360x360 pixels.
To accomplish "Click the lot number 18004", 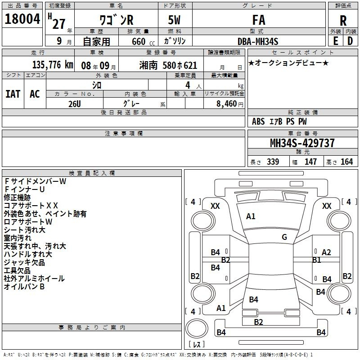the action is click(22, 19).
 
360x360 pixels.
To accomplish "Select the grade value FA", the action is click(259, 20).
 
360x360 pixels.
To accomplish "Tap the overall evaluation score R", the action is click(343, 21).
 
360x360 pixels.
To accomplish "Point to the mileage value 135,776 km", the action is click(53, 65).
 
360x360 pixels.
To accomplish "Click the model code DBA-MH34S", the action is click(258, 41).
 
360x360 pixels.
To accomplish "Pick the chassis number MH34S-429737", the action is click(302, 143).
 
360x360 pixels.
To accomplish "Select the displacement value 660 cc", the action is click(143, 41).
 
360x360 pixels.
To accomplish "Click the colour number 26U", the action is click(75, 104).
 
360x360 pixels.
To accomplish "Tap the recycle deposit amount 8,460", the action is click(227, 104).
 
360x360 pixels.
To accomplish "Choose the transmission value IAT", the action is click(13, 94).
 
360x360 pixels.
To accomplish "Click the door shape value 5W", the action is click(174, 20).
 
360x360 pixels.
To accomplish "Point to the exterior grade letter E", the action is click(335, 41).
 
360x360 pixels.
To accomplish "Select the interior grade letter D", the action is click(350, 41).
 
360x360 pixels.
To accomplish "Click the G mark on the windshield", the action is click(284, 237).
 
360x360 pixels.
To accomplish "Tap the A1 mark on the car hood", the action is click(251, 216).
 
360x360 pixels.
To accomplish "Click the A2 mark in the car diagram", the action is click(326, 252).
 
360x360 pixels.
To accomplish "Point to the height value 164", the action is click(346, 162).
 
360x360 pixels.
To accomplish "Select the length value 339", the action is click(273, 162).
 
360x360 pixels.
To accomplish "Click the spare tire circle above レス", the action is click(197, 328).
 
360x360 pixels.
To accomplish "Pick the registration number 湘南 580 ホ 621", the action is click(168, 65).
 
